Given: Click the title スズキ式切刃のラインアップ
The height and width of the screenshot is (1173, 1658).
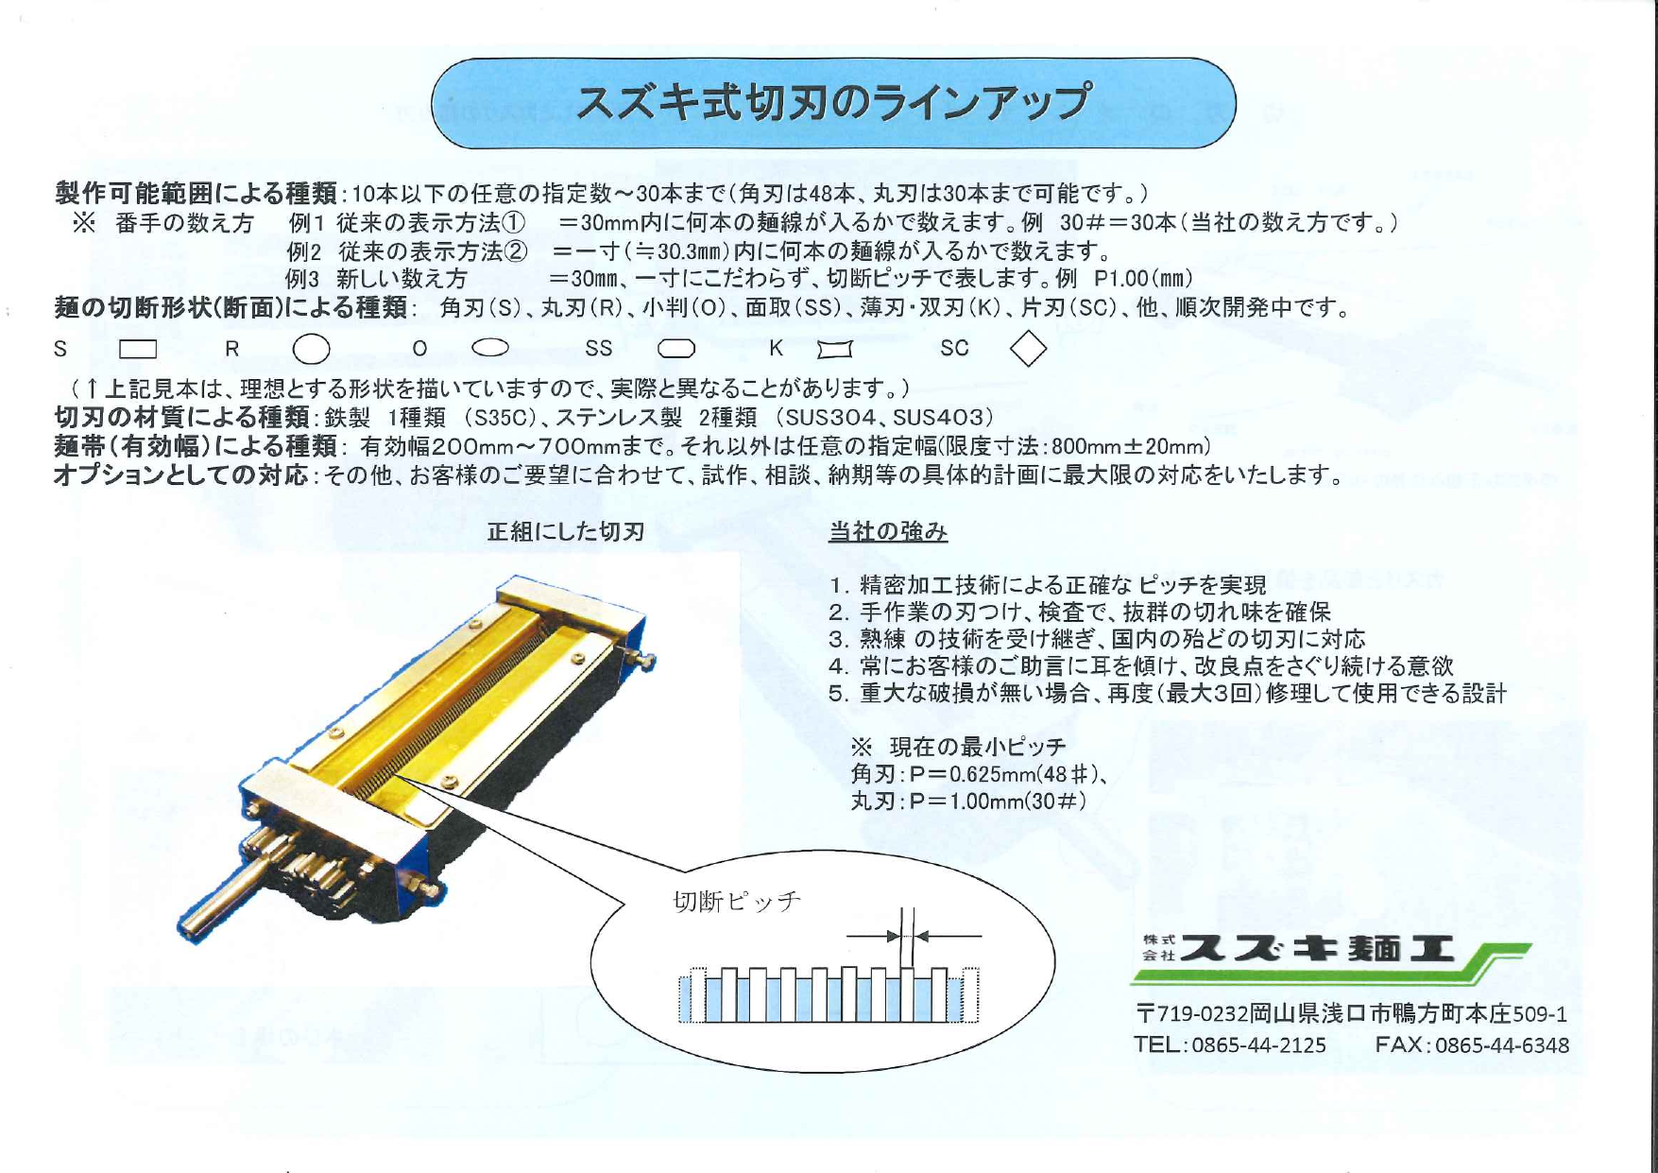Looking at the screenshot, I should (833, 103).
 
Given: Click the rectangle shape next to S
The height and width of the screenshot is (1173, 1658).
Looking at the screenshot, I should (138, 350).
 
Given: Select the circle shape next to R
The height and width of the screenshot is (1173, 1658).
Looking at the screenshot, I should (311, 350).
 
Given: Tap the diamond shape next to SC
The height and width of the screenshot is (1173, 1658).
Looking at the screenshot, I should (1028, 349).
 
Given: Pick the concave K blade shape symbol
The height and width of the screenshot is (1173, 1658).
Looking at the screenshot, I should (834, 350).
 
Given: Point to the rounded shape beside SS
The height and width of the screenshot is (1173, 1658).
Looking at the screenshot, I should (676, 349).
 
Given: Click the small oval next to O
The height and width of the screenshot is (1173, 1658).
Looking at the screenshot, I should (490, 348).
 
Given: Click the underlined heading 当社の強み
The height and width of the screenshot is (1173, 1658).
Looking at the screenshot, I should (887, 531).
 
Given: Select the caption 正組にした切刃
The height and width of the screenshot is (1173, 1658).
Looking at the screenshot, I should (565, 531).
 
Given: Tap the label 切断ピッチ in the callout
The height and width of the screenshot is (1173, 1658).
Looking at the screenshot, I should (737, 901).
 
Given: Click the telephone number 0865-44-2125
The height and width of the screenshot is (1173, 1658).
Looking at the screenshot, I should (1258, 1044).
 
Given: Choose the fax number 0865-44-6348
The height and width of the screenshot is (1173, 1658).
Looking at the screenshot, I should (1502, 1044).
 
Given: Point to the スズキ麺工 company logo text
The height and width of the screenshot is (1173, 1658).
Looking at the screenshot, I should (1317, 948).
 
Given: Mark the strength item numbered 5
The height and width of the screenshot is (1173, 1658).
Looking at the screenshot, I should (1167, 693).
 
